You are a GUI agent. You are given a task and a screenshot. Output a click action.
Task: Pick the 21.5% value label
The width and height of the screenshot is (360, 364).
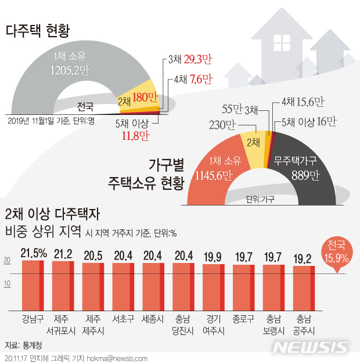[33, 253]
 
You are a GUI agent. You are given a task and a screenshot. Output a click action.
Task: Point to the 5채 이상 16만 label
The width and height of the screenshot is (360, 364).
[308, 121]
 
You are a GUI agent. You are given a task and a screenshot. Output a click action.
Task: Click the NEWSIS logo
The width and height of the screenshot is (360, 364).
[310, 347]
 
